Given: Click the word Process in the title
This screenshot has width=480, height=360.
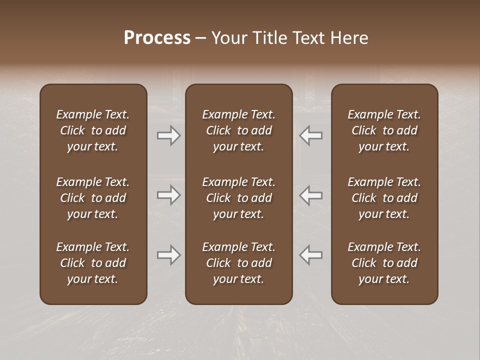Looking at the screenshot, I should (x=157, y=38).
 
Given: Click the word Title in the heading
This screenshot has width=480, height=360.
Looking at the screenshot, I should (x=268, y=38).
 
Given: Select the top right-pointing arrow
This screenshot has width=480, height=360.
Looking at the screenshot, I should (x=169, y=135).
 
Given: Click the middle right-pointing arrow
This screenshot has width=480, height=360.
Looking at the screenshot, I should (x=169, y=195).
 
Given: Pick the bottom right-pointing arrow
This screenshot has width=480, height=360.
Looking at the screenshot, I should (x=169, y=255).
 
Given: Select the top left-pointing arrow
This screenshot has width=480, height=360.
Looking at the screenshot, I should (x=310, y=135).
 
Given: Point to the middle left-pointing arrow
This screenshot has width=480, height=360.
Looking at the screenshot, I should (x=310, y=195).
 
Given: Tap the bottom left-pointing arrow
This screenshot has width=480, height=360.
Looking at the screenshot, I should (x=310, y=255).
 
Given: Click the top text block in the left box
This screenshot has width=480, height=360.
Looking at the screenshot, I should (x=93, y=130).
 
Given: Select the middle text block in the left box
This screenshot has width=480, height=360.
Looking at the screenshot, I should (x=93, y=198).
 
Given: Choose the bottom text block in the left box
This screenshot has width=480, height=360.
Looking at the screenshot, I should (x=93, y=263).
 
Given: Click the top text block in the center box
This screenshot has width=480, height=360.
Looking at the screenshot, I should (x=238, y=130).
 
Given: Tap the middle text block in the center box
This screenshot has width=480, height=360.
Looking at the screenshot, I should (x=238, y=198).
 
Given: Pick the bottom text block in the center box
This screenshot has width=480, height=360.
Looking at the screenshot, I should (x=238, y=263).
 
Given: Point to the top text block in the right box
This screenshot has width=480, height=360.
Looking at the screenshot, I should (x=384, y=130).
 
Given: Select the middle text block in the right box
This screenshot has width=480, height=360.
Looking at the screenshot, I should (x=384, y=198).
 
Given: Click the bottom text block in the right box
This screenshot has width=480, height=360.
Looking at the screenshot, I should (x=384, y=263).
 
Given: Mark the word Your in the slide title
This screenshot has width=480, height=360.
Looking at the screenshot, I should (x=229, y=38).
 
